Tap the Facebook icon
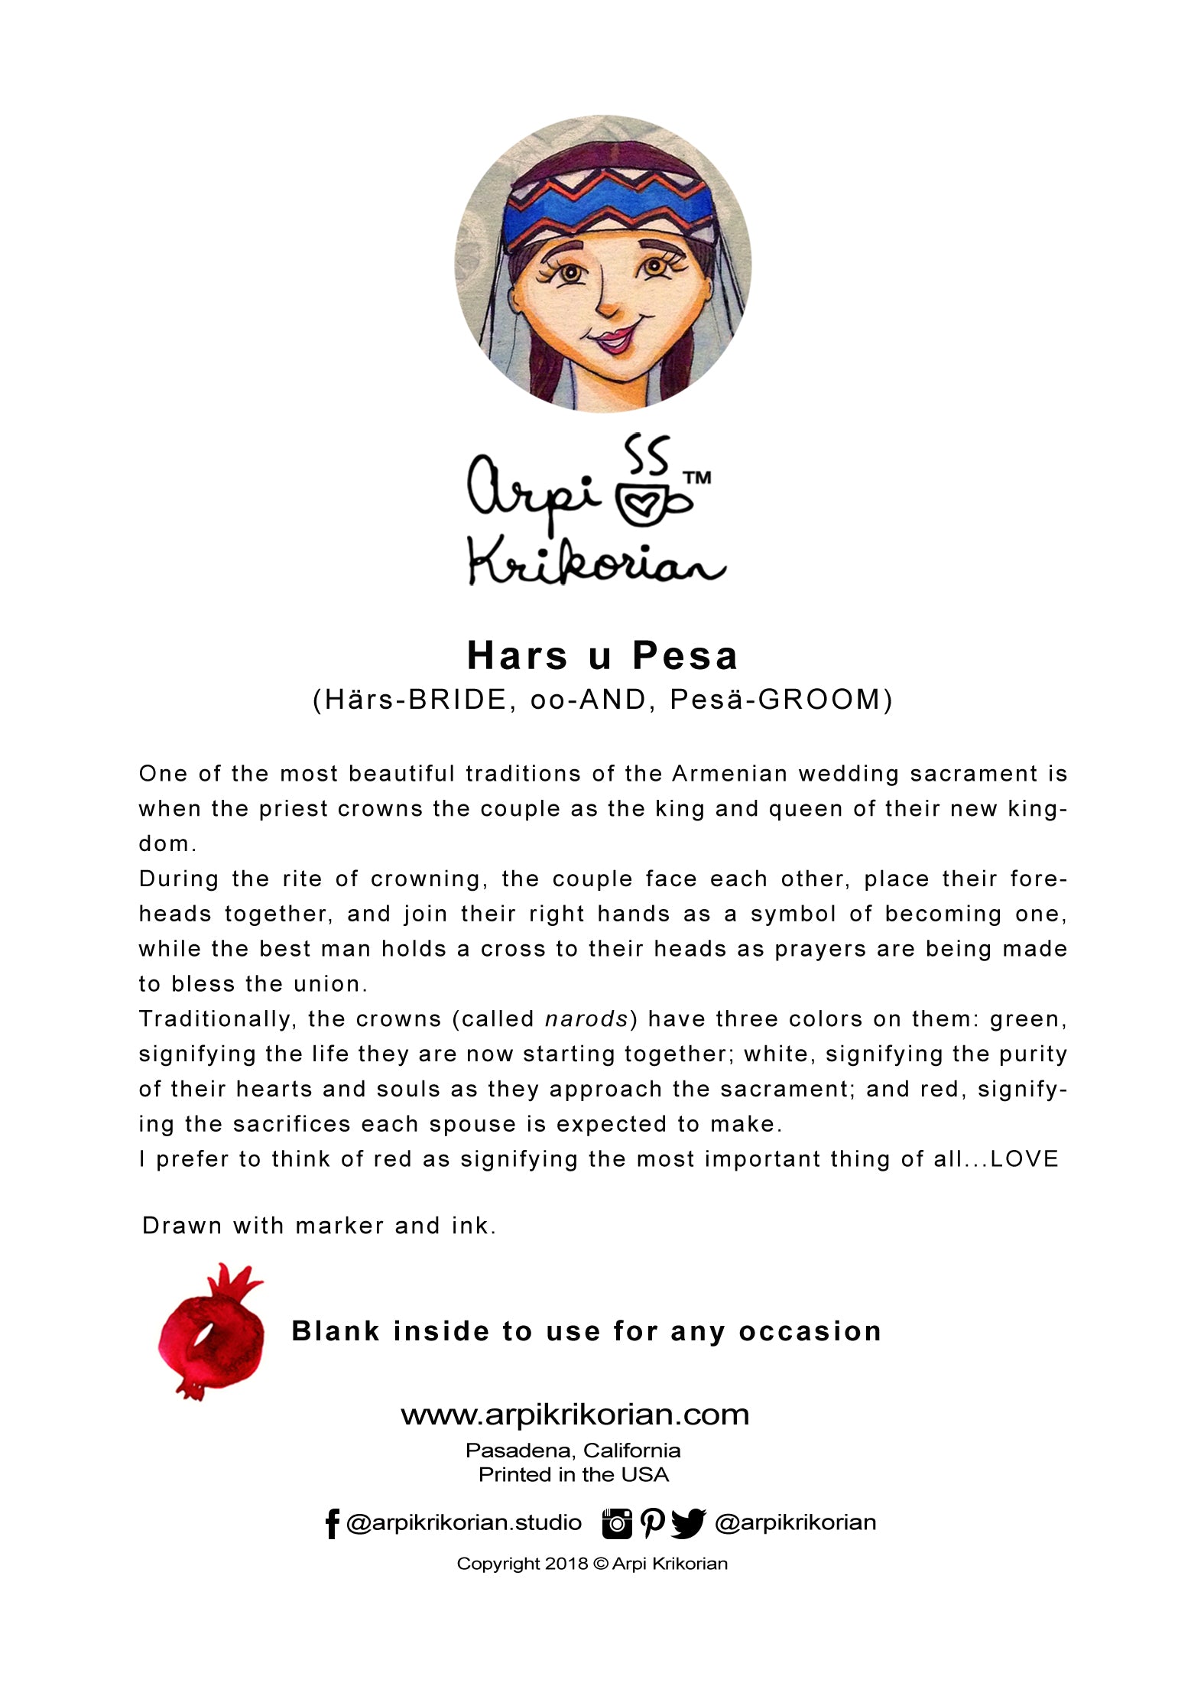(x=331, y=1523)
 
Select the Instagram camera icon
(x=617, y=1523)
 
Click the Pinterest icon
(x=651, y=1523)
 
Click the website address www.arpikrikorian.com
(x=575, y=1415)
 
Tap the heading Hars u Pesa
(x=602, y=655)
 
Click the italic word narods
(x=586, y=1019)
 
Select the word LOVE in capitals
(x=1024, y=1159)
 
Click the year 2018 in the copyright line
(x=566, y=1564)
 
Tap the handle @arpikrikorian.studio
(x=463, y=1523)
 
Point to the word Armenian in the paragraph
(x=729, y=774)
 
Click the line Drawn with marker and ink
(x=319, y=1226)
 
